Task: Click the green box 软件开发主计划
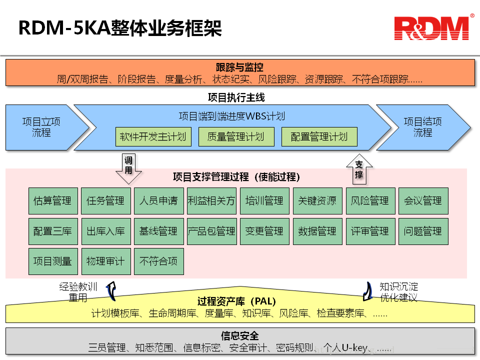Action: coord(153,136)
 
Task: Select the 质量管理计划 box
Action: coord(236,136)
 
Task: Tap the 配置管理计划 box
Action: coord(319,136)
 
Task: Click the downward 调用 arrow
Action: coord(128,168)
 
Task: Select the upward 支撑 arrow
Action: coord(359,169)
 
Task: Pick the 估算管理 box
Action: coord(53,201)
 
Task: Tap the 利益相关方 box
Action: coord(211,201)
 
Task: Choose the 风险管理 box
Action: coord(370,201)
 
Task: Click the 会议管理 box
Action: coord(423,201)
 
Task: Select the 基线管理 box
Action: coord(159,231)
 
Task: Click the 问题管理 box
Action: coord(423,231)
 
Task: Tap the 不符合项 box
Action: coord(159,261)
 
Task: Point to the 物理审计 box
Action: coord(106,261)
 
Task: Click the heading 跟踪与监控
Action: coord(239,67)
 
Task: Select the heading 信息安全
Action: coord(239,335)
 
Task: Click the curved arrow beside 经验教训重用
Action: coord(111,291)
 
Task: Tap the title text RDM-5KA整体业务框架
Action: coord(120,28)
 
